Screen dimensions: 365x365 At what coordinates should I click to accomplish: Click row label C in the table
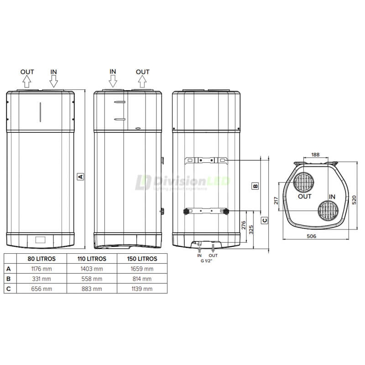(8, 288)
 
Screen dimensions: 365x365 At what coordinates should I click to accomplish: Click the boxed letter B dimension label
(255, 186)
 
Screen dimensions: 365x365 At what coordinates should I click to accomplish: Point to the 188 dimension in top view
(315, 155)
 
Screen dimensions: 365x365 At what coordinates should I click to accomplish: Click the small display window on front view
(40, 239)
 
